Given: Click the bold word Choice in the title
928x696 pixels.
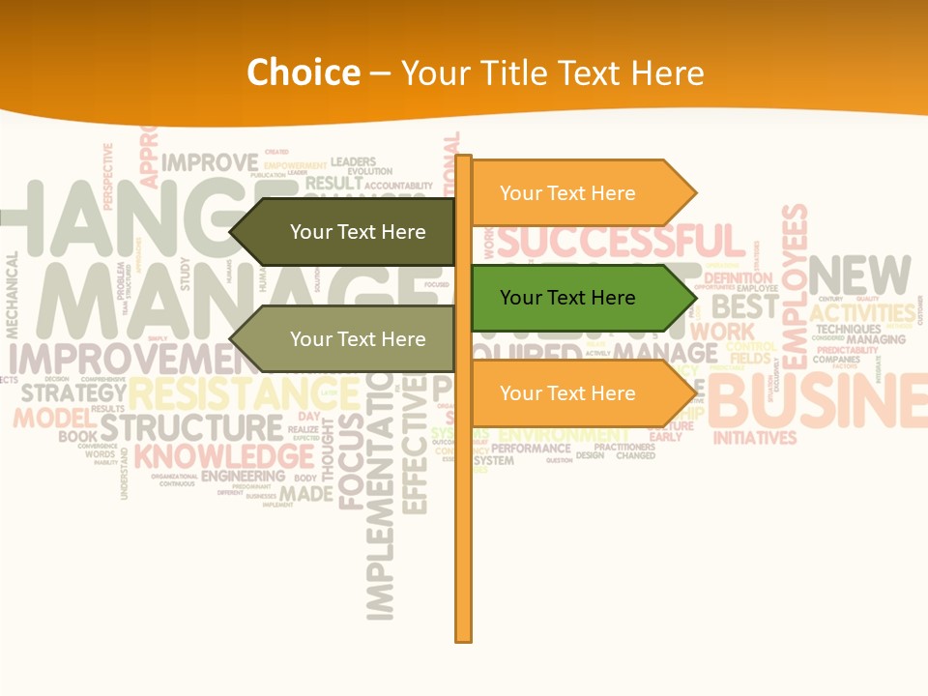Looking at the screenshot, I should (303, 73).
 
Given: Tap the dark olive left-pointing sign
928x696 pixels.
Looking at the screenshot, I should (348, 232).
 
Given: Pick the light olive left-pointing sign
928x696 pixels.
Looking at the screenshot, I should (348, 339).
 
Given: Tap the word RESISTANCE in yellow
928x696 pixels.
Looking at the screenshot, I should (242, 393).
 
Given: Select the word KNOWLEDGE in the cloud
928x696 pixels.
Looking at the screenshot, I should (223, 456).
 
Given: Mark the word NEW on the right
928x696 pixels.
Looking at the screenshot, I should (859, 276).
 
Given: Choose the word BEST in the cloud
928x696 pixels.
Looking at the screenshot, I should (745, 307).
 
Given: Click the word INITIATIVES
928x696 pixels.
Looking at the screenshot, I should (754, 438).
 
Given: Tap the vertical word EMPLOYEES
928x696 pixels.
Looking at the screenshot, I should (794, 286).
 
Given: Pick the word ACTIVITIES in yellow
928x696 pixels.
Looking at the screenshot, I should (862, 313).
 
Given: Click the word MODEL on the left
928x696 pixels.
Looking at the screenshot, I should (49, 419).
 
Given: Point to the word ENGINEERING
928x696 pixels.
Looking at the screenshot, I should (243, 477).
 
